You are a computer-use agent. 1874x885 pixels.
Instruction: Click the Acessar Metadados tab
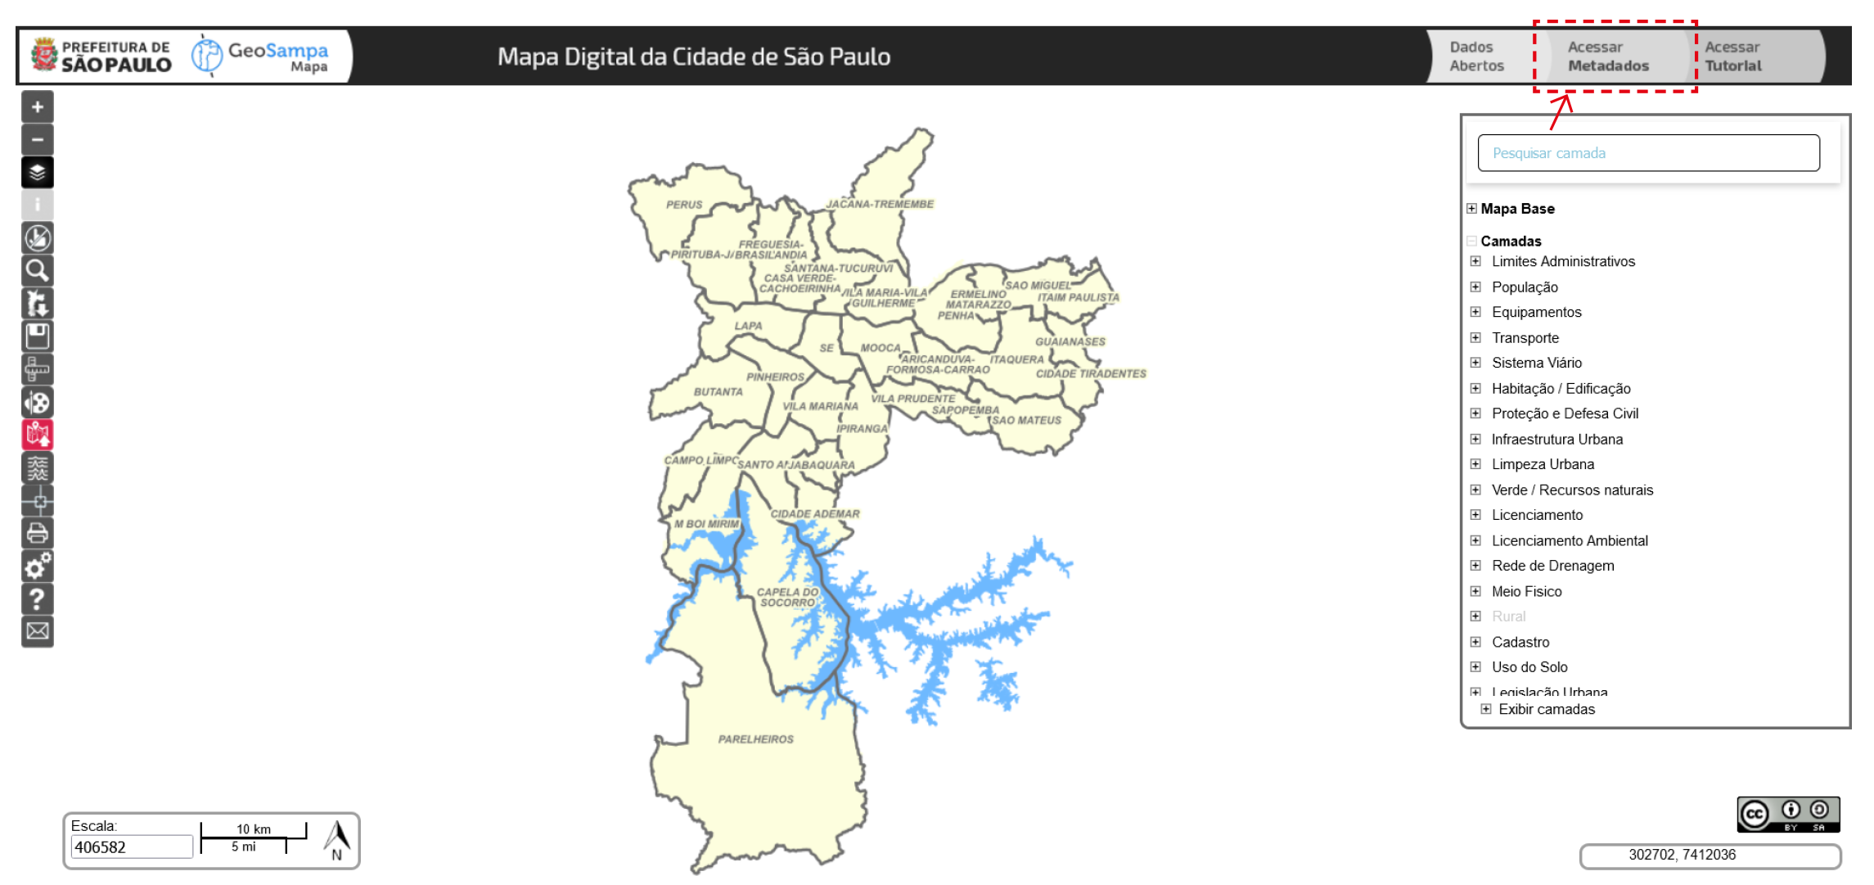coord(1607,56)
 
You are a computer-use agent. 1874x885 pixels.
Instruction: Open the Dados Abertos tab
coord(1476,56)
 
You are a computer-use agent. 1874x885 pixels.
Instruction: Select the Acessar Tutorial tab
coord(1732,56)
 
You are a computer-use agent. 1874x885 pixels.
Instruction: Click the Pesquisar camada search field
coord(1647,153)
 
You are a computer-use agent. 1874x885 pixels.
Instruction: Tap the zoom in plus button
coord(38,107)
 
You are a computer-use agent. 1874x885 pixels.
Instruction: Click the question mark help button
coord(38,598)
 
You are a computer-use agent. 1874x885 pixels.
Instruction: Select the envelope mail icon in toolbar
coord(38,631)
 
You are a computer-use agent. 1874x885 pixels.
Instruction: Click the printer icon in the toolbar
coord(38,533)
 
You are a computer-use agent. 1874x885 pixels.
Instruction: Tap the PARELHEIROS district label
coord(755,739)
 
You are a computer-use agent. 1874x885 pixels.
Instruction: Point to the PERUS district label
coord(684,205)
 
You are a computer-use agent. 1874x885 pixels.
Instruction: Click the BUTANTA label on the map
coord(718,392)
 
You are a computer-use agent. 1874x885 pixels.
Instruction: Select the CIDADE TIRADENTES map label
coord(1090,374)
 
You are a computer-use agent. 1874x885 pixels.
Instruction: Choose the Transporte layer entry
coord(1525,338)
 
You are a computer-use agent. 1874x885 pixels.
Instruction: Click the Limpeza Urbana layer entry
coord(1542,464)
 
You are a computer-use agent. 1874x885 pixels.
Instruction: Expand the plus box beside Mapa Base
coord(1471,209)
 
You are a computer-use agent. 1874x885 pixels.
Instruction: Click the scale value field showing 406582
coord(131,847)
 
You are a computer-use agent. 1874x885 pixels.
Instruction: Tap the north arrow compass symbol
coord(336,840)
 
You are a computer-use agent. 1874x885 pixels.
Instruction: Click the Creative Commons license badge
coord(1787,815)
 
